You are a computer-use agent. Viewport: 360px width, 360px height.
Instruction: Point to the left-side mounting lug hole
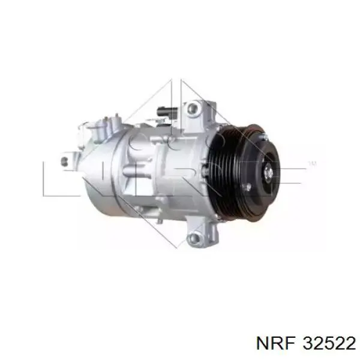63,161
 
